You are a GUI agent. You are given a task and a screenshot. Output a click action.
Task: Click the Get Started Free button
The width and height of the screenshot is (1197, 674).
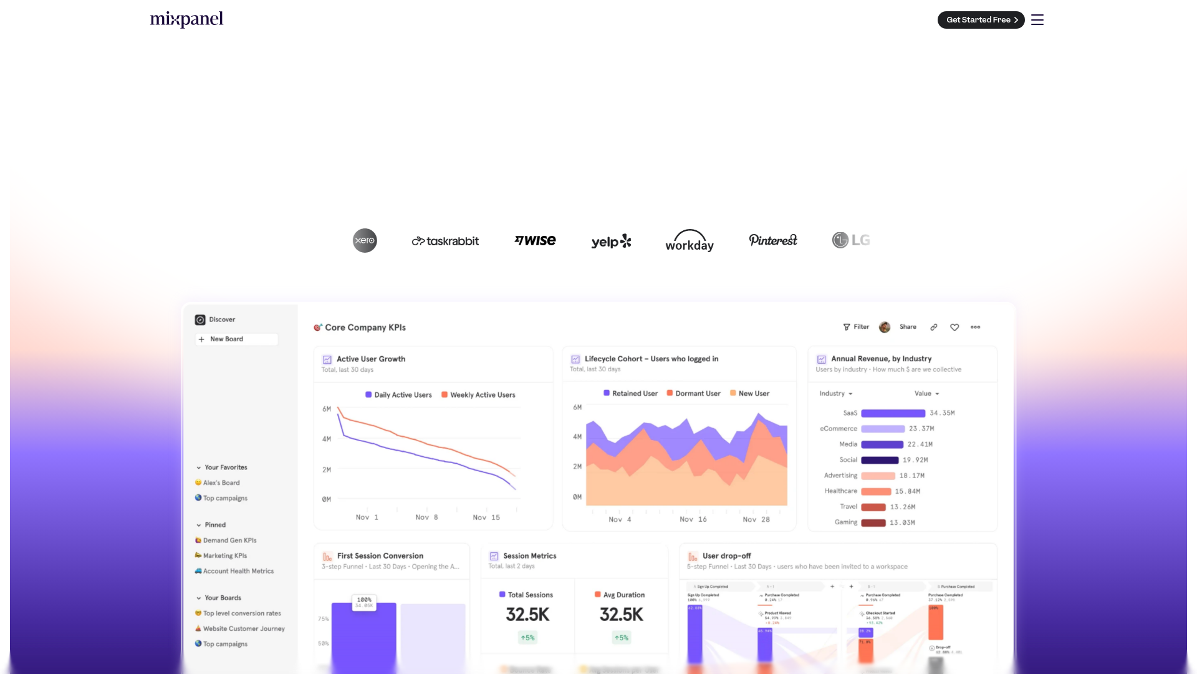[981, 20]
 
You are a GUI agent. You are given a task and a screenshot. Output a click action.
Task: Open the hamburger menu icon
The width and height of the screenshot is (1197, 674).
[1037, 20]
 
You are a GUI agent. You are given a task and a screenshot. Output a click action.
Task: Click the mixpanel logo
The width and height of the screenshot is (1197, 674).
[186, 19]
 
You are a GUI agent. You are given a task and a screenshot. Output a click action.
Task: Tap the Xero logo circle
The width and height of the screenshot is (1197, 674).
[365, 240]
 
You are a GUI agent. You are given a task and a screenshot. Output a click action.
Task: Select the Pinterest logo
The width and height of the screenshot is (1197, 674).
[773, 240]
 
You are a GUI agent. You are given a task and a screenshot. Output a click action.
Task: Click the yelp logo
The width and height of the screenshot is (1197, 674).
[611, 242]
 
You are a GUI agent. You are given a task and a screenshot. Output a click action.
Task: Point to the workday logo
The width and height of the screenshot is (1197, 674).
[690, 241]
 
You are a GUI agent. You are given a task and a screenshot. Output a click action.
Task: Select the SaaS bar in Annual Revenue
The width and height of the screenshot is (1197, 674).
[893, 413]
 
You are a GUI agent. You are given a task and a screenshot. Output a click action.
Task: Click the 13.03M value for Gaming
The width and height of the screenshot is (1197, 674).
[902, 522]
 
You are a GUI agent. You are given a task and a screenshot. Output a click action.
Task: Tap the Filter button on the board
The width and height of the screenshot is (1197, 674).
[856, 327]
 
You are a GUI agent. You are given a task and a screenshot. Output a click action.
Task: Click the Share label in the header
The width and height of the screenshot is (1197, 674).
[908, 327]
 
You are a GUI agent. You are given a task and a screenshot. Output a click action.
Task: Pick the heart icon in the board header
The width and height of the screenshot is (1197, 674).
[954, 327]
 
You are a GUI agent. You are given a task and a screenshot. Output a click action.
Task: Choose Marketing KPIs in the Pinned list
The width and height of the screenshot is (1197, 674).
[224, 555]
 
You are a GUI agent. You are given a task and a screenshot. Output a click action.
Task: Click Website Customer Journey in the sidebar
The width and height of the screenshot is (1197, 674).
[243, 628]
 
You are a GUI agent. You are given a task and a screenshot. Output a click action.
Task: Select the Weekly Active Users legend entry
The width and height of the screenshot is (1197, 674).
[478, 395]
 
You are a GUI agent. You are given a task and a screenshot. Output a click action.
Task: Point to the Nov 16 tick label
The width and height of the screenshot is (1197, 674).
[693, 519]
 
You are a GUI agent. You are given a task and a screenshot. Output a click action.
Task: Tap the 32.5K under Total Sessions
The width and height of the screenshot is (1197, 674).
[527, 615]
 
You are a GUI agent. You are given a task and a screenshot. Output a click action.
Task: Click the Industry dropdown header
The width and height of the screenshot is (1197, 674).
[835, 394]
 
